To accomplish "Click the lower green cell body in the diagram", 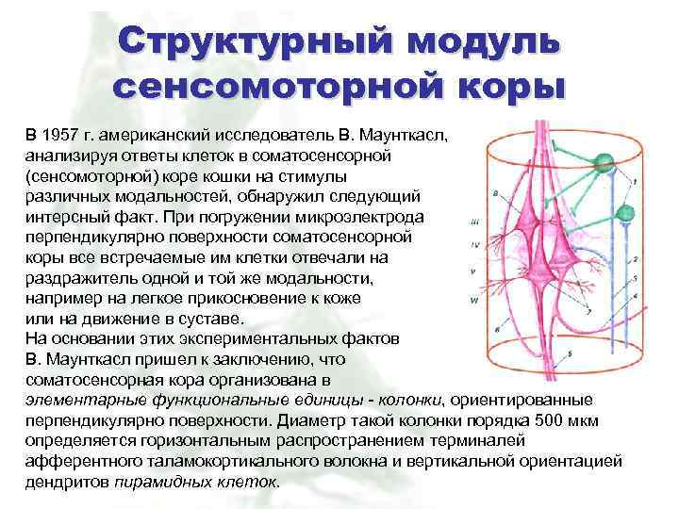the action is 620,213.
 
